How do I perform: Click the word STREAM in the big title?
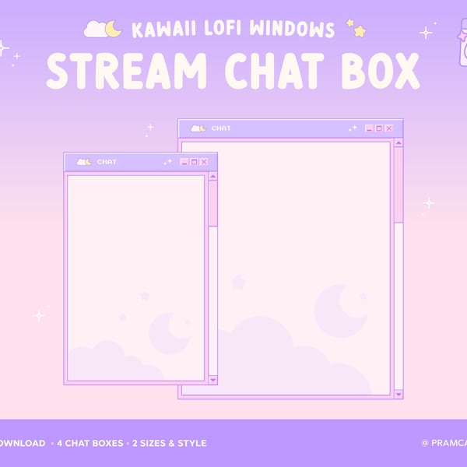point(124,71)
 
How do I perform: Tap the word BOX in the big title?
point(377,71)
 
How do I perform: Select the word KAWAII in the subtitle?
point(162,30)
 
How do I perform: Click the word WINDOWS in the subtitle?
point(293,30)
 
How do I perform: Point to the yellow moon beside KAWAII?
point(114,29)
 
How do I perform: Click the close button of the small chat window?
point(204,162)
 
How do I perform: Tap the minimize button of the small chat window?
point(184,162)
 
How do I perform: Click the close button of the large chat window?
point(388,128)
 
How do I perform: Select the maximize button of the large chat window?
point(379,128)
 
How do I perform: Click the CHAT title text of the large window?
point(221,128)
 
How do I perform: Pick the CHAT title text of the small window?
point(107,162)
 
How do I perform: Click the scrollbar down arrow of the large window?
point(399,392)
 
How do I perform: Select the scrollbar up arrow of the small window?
point(212,177)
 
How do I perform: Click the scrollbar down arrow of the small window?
point(212,379)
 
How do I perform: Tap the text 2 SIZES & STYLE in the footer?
point(170,444)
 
